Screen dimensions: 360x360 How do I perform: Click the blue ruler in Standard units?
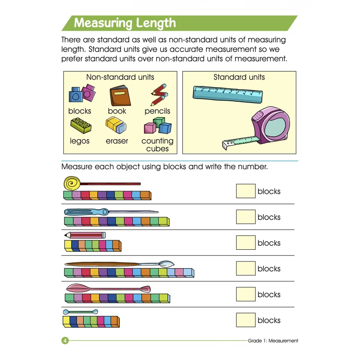pos(228,94)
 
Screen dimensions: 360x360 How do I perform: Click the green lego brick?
pos(81,126)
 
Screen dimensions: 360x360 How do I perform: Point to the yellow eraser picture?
pos(116,125)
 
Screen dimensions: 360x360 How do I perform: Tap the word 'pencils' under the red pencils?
pos(157,111)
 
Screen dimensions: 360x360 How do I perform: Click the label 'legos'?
pos(80,141)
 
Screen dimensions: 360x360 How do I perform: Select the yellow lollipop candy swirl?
pos(72,183)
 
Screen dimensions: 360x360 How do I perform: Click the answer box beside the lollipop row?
pos(246,191)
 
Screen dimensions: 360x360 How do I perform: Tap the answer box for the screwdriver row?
pos(246,216)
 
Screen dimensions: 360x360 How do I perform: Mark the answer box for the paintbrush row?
pos(246,268)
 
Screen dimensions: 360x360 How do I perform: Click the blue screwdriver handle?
pos(86,211)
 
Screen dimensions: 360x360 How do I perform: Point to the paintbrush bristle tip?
pos(166,264)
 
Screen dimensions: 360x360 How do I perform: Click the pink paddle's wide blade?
pos(78,288)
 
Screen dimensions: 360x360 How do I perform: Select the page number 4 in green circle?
pos(65,341)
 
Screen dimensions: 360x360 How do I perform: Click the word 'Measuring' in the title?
pos(103,23)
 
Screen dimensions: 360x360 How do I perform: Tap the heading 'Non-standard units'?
pos(120,77)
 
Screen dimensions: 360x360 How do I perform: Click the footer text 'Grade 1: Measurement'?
pos(273,341)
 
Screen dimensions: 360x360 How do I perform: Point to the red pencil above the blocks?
pos(85,235)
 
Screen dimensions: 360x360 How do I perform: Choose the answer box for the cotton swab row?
pos(246,320)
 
